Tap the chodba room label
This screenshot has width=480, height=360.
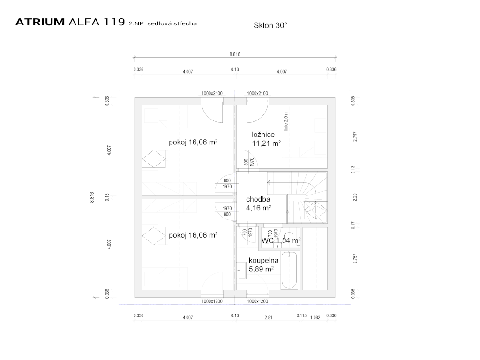point(258,199)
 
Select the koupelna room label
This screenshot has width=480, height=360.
point(264,260)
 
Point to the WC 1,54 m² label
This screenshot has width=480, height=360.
point(281,240)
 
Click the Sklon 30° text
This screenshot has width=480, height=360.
point(270,26)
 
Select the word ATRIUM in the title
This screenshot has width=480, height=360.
point(40,22)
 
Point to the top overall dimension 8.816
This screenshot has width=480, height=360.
point(235,54)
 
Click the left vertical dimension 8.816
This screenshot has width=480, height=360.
point(92,197)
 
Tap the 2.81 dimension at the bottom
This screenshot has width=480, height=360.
point(268,317)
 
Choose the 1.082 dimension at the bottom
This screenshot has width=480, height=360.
point(315,318)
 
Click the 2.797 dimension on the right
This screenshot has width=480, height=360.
point(355,136)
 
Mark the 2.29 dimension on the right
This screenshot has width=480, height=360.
point(355,197)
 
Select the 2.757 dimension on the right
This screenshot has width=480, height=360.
point(355,259)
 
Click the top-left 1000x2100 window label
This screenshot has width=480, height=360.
point(212,93)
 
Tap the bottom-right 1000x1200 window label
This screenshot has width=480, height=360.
point(257,301)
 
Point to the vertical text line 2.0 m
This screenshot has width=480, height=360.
point(285,120)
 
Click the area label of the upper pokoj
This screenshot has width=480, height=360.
point(193,142)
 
